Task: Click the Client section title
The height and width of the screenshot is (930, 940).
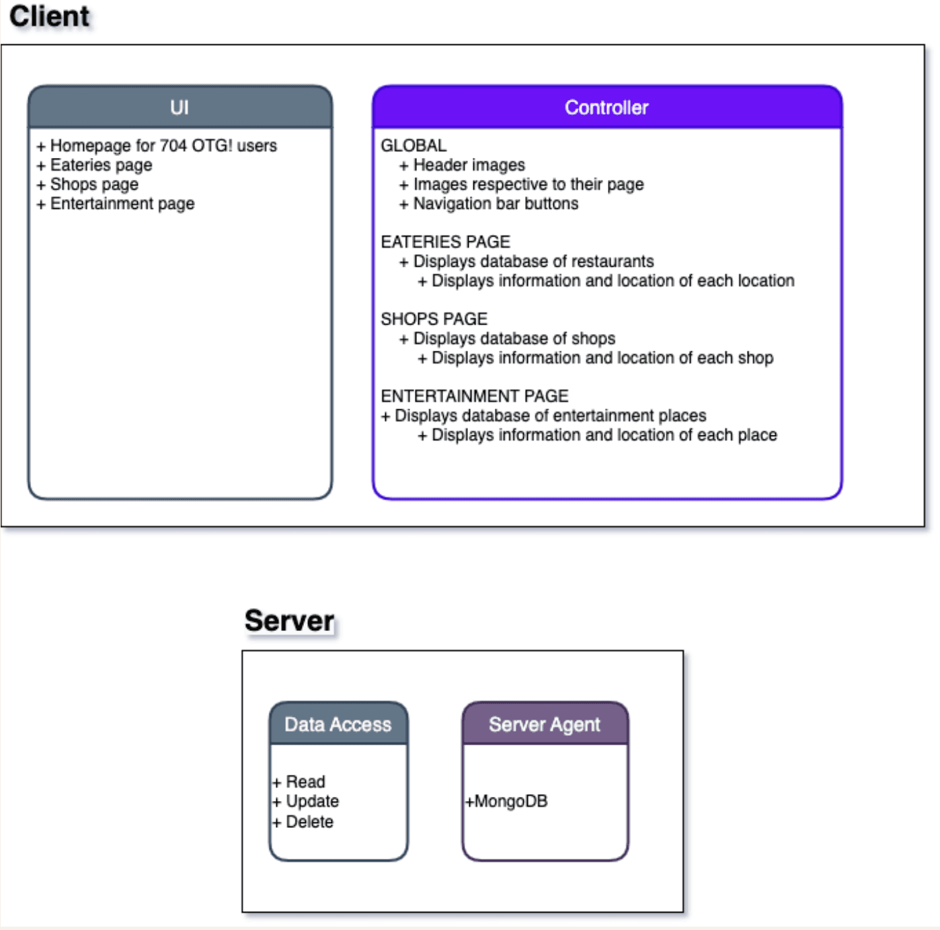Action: [49, 16]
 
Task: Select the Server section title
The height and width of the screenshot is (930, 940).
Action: [289, 620]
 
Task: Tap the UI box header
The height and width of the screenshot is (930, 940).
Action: [180, 108]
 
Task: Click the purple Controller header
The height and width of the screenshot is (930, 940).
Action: [606, 108]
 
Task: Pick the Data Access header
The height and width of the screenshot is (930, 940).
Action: [338, 724]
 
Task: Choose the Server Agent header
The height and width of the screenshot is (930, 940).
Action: [545, 724]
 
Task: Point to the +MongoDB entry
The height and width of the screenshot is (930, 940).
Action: [507, 801]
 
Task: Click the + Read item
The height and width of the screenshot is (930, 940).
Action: [299, 781]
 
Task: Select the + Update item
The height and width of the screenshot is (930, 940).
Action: [306, 801]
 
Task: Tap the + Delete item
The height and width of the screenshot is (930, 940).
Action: [303, 821]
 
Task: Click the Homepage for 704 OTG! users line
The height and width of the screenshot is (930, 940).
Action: [157, 146]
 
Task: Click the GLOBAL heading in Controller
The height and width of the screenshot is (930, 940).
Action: [414, 146]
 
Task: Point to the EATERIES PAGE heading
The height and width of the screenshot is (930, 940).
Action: [445, 242]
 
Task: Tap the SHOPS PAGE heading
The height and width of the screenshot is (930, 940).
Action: [434, 319]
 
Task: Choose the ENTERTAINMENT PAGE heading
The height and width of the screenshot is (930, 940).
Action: [474, 396]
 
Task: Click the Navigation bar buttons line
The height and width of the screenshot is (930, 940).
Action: [489, 204]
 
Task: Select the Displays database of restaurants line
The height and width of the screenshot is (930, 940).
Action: [526, 261]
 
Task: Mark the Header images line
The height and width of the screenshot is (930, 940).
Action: [463, 165]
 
